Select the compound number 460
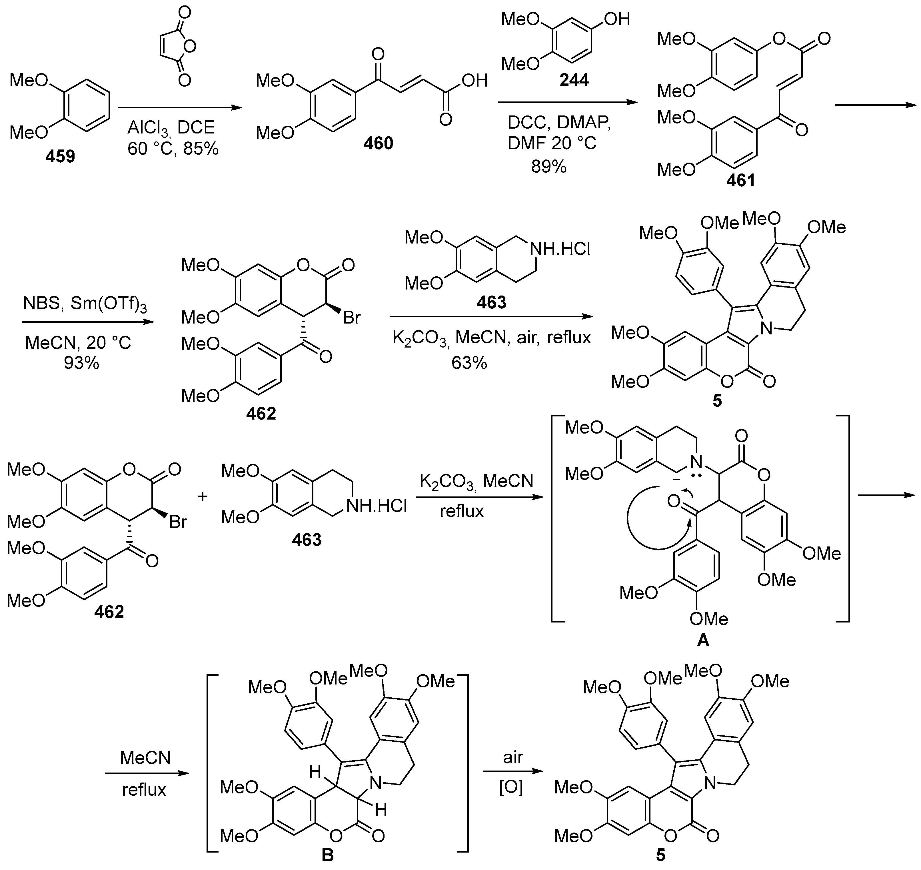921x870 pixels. pos(378,143)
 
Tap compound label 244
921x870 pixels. pos(574,80)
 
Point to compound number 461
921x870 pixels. pos(740,180)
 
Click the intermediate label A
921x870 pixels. pos(703,640)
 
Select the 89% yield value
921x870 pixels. pos(549,167)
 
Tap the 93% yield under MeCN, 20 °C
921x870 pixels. pos(82,363)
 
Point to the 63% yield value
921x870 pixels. pos(469,363)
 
